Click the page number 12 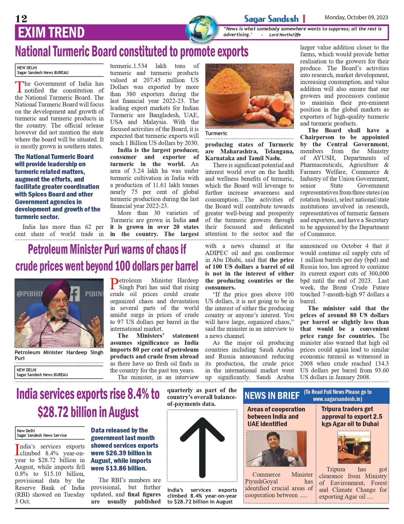pyautogui.click(x=21, y=19)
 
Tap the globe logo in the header pyautogui.click(x=202, y=29)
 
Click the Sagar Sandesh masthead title pyautogui.click(x=271, y=19)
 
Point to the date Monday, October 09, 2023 pyautogui.click(x=356, y=17)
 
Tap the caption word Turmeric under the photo pyautogui.click(x=216, y=133)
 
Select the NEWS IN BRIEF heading pyautogui.click(x=272, y=396)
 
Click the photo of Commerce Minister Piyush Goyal pyautogui.click(x=276, y=449)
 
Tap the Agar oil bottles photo pyautogui.click(x=354, y=447)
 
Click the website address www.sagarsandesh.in pyautogui.click(x=337, y=399)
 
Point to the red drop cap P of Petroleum pyautogui.click(x=114, y=284)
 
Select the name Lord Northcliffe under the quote pyautogui.click(x=285, y=35)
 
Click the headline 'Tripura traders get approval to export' pyautogui.click(x=352, y=416)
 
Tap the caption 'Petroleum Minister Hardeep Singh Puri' pyautogui.click(x=59, y=355)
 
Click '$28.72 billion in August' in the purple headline pyautogui.click(x=88, y=412)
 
